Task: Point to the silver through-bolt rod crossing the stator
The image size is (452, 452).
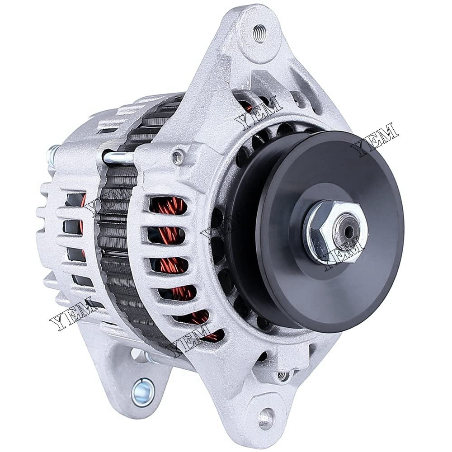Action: [118, 157]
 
